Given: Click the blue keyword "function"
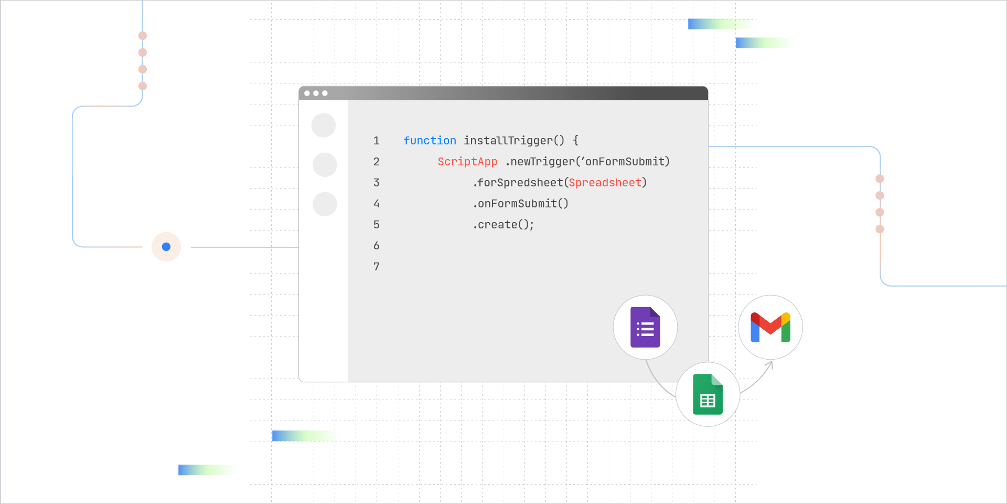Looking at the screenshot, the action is (x=430, y=141).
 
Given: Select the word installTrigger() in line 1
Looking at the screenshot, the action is (x=514, y=141).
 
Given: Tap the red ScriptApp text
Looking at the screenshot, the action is (x=467, y=162).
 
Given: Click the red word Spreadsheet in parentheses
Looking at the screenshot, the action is (x=605, y=183).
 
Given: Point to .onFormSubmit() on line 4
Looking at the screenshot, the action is (x=521, y=204).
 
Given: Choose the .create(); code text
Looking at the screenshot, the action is (x=504, y=225).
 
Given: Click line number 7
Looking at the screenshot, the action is (x=376, y=267).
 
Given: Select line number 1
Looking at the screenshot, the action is (x=376, y=141).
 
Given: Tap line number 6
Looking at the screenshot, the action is (x=376, y=246).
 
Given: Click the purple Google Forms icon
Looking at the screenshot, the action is (x=645, y=327).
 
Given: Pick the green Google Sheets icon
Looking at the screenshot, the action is (x=708, y=394).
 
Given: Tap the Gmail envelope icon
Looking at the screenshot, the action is (x=770, y=328).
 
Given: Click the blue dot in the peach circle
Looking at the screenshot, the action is (x=166, y=247).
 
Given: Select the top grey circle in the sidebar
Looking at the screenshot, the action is (x=324, y=125).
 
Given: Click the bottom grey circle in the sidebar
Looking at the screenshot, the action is (x=325, y=204).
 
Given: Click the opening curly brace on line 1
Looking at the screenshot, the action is (x=575, y=141).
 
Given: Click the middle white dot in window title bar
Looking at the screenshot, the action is (x=316, y=93).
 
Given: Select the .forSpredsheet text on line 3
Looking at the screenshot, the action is (x=518, y=183).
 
